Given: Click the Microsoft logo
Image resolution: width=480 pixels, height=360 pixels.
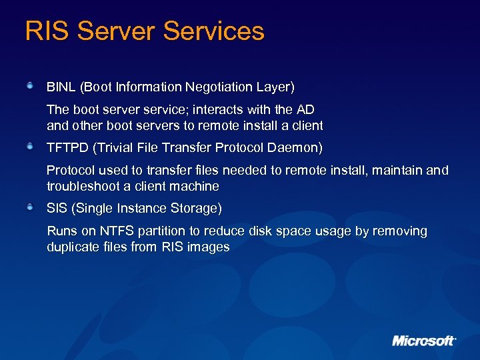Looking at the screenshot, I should (424, 341).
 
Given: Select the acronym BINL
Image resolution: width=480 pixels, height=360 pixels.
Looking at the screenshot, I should (61, 87).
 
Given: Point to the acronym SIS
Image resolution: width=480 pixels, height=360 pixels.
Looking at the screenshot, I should (58, 208).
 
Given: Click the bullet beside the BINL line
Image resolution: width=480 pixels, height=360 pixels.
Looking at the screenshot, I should (31, 86).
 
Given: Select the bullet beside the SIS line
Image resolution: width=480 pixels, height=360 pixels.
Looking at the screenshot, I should (31, 207).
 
